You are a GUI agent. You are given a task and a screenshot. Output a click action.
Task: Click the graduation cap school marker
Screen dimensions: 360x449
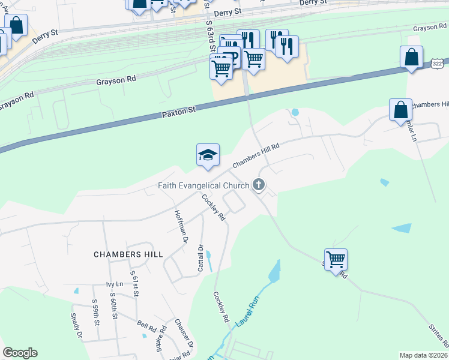click(208, 155)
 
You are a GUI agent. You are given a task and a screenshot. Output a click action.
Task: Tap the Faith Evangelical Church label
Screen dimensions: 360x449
click(203, 185)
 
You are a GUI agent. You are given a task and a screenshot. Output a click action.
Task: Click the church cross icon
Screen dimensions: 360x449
click(259, 184)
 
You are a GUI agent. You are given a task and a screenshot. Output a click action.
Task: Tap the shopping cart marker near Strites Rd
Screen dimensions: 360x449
click(336, 260)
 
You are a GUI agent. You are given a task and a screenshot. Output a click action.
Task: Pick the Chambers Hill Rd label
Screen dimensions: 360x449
click(256, 155)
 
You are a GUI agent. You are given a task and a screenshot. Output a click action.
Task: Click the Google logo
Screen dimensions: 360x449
click(20, 353)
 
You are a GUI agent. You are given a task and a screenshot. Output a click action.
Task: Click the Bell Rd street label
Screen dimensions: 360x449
click(146, 329)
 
